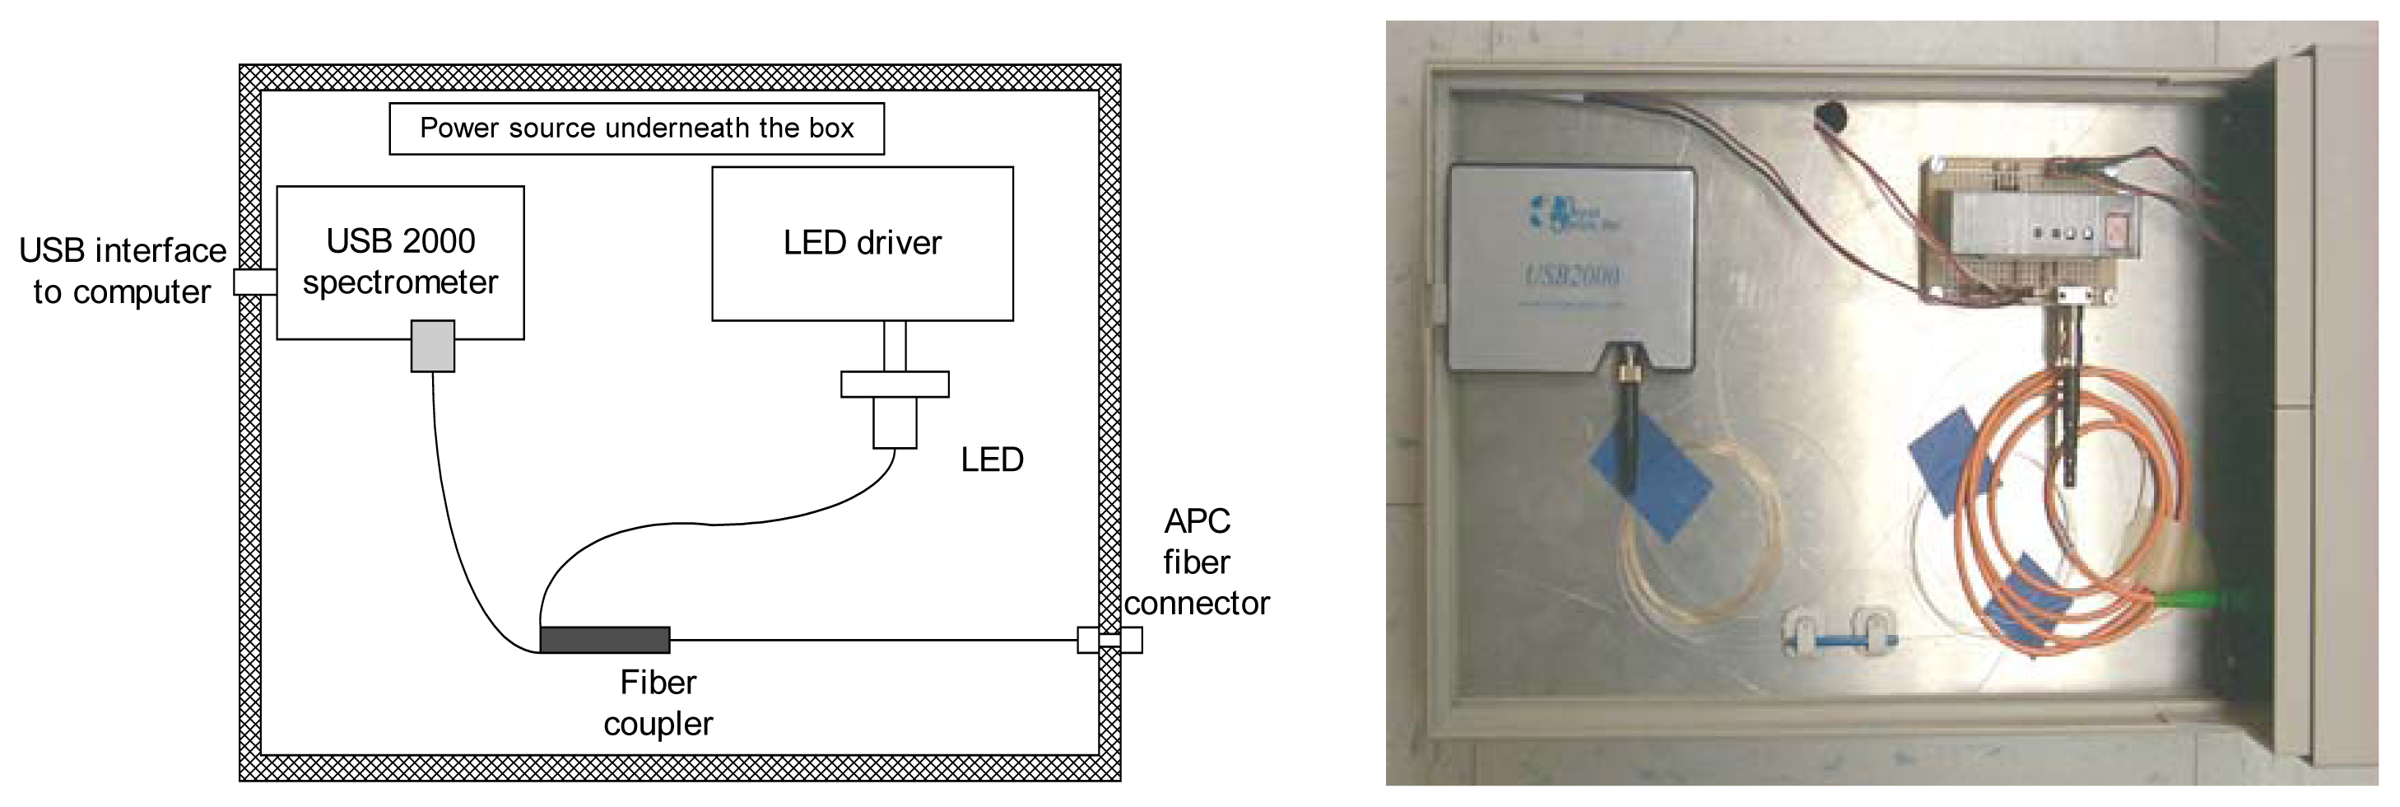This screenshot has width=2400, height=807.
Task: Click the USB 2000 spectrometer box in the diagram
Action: coord(400,262)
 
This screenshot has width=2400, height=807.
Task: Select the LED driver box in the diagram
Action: coord(862,243)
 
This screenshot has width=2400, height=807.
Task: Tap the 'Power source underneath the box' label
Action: coord(636,128)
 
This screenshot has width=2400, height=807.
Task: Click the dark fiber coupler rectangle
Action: coord(605,639)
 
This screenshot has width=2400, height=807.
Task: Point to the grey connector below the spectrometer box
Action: coord(432,346)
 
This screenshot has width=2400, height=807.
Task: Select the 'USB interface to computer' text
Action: coord(122,271)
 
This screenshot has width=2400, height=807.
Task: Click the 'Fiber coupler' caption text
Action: coord(658,702)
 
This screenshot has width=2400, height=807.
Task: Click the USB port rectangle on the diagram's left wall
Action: coord(254,282)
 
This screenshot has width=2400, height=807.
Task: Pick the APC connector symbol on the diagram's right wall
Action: coord(1109,639)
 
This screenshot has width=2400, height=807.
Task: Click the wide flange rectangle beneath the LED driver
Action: coord(895,384)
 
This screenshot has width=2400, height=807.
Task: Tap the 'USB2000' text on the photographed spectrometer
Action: coord(1573,276)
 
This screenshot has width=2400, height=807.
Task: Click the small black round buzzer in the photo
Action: coord(1829,119)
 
